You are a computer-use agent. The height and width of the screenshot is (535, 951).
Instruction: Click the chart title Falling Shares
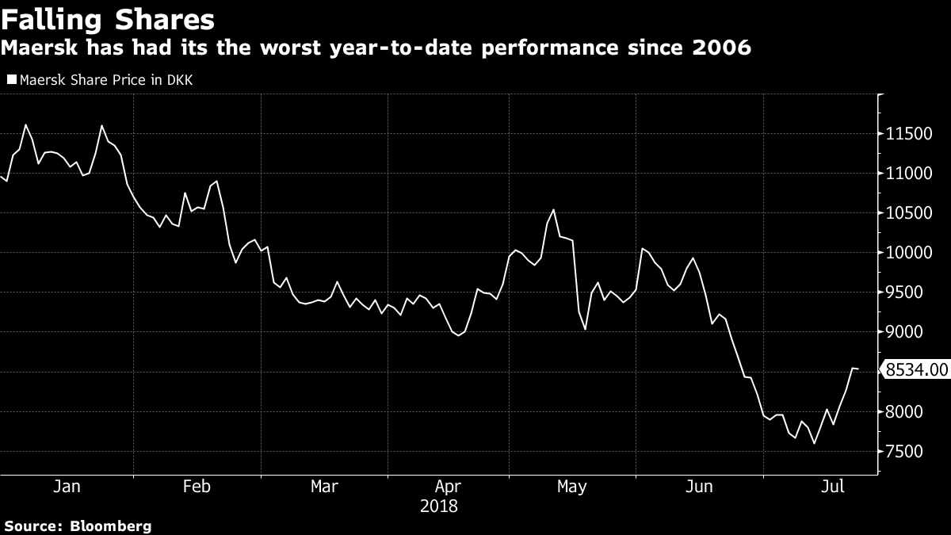point(107,18)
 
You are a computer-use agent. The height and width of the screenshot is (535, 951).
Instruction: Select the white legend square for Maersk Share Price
point(11,79)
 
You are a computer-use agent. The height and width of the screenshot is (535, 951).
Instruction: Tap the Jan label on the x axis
point(67,487)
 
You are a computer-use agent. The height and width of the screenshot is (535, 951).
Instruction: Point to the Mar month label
point(325,487)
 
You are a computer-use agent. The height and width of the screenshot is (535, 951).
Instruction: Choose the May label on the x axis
point(571,487)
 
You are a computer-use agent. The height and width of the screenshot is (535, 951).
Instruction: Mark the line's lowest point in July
point(814,444)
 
